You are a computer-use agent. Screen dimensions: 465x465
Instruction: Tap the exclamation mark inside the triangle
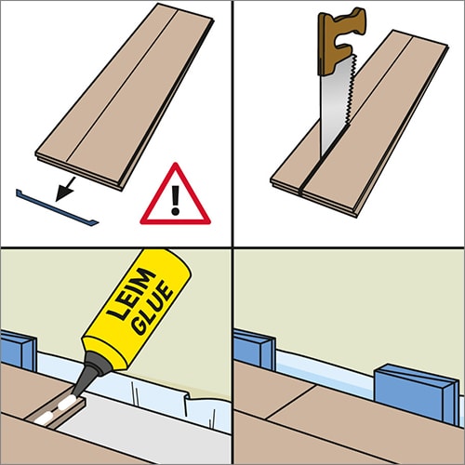pos(176,200)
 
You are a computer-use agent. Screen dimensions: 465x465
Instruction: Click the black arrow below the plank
pos(66,189)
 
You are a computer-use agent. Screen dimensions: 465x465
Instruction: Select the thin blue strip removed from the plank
pos(57,207)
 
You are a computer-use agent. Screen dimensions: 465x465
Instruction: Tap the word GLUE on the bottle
pos(152,309)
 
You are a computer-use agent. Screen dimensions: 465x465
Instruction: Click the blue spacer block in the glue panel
pos(19,351)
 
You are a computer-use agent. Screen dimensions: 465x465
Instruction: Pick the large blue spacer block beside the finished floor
pos(417,393)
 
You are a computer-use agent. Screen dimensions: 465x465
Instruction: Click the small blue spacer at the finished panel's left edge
pos(254,350)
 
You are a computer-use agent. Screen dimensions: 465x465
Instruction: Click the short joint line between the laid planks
pos(291,402)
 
